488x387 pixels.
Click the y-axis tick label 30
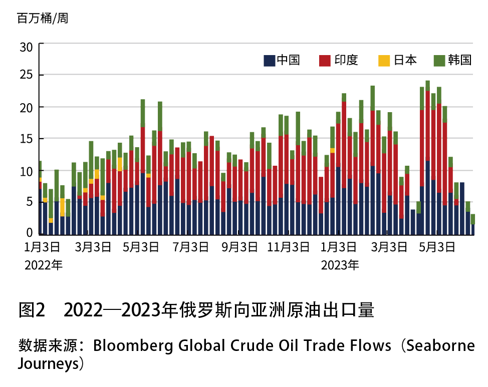(x=26, y=48)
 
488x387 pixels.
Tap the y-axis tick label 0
(x=30, y=233)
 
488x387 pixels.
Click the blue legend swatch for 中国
(x=270, y=61)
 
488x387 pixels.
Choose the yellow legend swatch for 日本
(x=383, y=61)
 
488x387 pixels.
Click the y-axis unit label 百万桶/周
(x=43, y=20)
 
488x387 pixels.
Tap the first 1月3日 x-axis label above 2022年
(x=43, y=247)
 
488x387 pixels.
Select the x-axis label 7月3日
(x=191, y=247)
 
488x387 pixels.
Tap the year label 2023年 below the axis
(x=340, y=265)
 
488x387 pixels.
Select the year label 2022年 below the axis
(x=43, y=265)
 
